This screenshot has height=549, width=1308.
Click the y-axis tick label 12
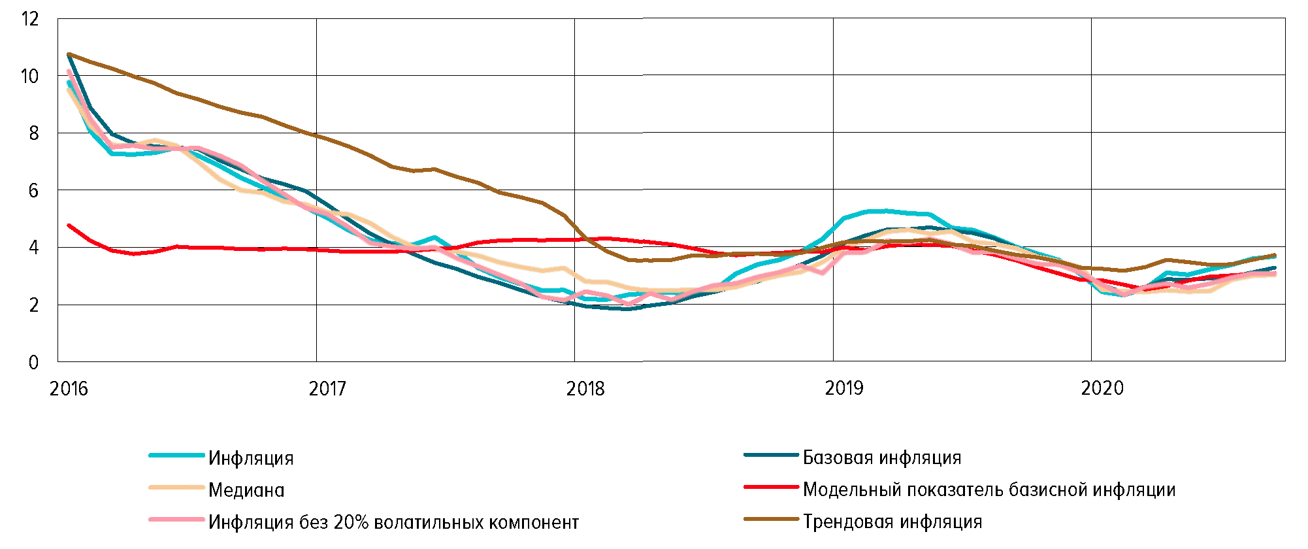pos(30,19)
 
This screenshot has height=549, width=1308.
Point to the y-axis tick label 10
pos(30,76)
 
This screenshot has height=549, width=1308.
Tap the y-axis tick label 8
pos(33,133)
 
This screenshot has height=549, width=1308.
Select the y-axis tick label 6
pos(33,191)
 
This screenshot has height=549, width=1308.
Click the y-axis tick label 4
pos(33,248)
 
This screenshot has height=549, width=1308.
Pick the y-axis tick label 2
pos(33,305)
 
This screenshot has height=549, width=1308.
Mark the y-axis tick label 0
pos(33,363)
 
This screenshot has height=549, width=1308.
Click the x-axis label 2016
pos(69,389)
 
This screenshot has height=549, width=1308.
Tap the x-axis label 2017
pos(327,389)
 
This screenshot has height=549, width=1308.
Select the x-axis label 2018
pos(585,389)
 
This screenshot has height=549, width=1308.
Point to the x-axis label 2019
pos(844,389)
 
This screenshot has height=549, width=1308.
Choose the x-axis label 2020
pos(1102,389)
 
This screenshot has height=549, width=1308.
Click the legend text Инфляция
pos(251,458)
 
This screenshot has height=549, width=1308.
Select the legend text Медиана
pos(246,490)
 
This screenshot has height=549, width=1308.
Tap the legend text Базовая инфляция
pos(882,457)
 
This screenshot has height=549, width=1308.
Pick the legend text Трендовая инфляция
pos(892,522)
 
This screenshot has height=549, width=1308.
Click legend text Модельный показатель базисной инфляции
pos(989,490)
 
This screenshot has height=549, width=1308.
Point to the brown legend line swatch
pos(771,520)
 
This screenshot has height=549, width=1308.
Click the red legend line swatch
pos(771,487)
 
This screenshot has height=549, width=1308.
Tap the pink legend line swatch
pos(176,520)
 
